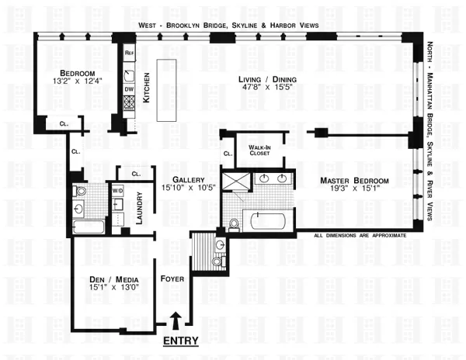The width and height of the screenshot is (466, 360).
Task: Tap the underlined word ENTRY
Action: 179,341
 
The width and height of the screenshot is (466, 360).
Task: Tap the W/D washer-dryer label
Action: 118,190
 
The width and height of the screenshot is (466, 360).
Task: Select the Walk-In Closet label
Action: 258,149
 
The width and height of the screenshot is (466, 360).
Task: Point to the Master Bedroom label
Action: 355,181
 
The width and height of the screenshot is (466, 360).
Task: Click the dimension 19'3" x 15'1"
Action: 355,191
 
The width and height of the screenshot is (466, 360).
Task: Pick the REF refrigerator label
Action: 129,52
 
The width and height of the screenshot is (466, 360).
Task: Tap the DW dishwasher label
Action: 129,88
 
